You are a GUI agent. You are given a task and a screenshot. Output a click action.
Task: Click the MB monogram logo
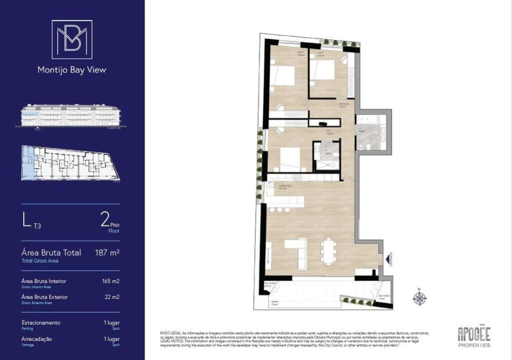coord(72,39)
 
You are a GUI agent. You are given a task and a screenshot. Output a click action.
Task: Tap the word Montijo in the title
coord(52,70)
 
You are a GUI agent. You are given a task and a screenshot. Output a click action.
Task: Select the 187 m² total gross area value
coord(107,253)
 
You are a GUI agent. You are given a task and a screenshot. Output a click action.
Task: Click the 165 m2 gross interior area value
coord(110,281)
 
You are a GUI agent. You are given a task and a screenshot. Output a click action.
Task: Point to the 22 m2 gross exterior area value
coord(111,297)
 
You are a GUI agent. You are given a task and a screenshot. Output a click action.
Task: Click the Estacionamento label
coord(41,322)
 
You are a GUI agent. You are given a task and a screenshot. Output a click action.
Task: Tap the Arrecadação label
coord(37,339)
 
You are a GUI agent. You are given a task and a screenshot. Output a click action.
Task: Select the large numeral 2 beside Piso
coord(105,219)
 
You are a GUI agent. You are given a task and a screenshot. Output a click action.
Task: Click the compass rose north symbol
coord(420,298)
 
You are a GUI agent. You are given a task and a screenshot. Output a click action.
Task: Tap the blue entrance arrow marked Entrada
coord(388,259)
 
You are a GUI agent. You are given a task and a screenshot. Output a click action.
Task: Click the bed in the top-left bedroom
coord(283,76)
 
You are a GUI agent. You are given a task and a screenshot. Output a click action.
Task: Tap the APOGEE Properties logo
coord(474,336)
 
